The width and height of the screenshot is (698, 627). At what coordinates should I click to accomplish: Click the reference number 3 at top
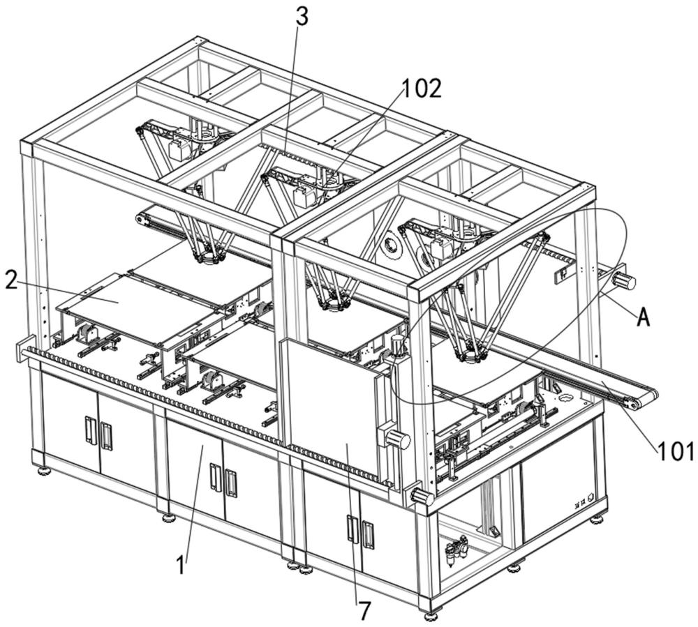tap(302, 17)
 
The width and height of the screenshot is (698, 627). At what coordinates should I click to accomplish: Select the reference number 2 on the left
tap(11, 279)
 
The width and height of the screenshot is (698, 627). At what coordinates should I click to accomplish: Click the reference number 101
tap(676, 451)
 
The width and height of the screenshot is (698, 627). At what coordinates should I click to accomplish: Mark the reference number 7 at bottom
tap(364, 612)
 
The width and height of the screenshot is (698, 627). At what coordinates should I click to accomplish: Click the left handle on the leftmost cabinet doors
tap(90, 429)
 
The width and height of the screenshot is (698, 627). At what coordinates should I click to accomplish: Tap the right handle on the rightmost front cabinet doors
tap(368, 534)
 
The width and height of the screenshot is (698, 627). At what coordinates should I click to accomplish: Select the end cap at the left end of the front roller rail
tap(23, 350)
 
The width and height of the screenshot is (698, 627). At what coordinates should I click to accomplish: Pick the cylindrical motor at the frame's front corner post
tap(422, 495)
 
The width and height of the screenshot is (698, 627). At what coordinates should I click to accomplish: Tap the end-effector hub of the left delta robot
tap(208, 258)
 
